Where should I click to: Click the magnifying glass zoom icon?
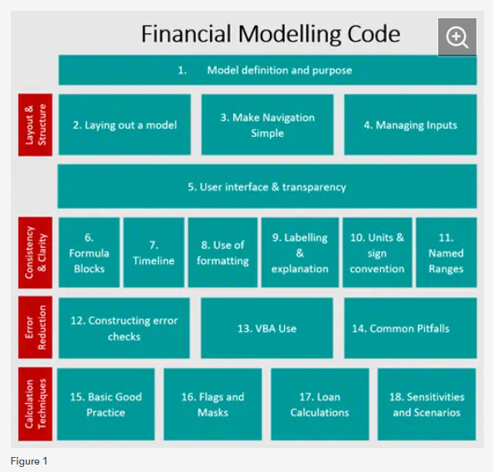coord(456,37)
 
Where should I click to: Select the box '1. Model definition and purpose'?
coord(267,70)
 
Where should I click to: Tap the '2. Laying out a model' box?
coord(124,124)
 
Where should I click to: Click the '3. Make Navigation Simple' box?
coord(267,124)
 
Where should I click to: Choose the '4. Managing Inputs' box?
coord(410,124)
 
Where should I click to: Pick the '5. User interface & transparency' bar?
coord(267,187)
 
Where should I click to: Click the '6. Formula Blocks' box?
coord(89,253)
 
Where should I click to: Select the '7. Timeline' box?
coord(154,253)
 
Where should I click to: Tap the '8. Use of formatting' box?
coord(222,253)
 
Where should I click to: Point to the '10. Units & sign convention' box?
coord(377,253)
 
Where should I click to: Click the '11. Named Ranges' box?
coord(447,253)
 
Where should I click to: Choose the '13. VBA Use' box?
coord(267,328)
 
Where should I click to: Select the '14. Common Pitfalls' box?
coord(410,328)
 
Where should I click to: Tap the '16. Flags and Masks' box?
coord(212,404)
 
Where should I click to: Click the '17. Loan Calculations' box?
coord(320,404)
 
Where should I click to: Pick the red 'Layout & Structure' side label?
coord(35,124)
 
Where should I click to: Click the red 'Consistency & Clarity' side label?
coord(35,253)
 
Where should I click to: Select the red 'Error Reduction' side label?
coord(35,327)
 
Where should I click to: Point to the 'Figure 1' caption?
coord(29,461)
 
